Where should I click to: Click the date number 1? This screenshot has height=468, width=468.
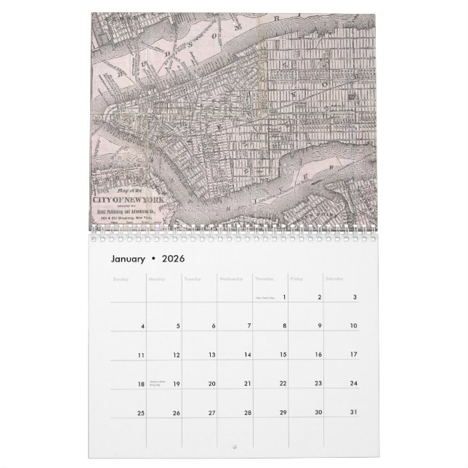point(283,296)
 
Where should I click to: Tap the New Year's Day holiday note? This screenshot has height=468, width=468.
point(263,297)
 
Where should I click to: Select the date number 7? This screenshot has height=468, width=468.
point(249,326)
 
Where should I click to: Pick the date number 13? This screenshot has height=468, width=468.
point(211,355)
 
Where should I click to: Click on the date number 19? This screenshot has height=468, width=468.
point(176,384)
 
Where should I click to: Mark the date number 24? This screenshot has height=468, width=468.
point(353,384)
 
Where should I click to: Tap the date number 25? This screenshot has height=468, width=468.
point(141,413)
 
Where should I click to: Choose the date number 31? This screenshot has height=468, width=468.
point(353,413)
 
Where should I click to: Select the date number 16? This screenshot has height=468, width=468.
point(318,355)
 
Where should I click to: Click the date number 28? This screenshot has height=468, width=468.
point(247,413)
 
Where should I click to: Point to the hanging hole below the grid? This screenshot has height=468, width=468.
point(234,445)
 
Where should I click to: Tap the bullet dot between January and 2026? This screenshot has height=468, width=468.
point(154,259)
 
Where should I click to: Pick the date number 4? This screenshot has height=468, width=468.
point(143,326)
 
